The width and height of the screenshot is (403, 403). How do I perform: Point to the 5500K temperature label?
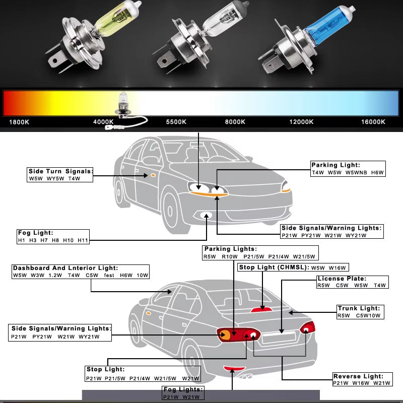[x=176, y=122]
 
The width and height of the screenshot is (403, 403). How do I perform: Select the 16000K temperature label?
[x=373, y=122]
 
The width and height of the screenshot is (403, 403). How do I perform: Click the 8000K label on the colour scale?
[x=235, y=122]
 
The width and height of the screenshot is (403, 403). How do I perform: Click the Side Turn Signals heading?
[x=60, y=171]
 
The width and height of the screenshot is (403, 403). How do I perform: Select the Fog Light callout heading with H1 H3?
[x=35, y=233]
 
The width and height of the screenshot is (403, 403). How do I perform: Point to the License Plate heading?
[x=342, y=279]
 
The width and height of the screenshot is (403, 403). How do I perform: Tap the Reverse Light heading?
[x=358, y=376]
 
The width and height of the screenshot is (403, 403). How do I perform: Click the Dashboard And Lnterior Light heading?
[x=65, y=268]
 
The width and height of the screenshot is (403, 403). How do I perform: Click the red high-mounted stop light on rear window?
[x=261, y=309]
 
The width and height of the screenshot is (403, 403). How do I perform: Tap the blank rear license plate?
[x=280, y=339]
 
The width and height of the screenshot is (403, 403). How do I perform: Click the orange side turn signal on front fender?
[x=152, y=175]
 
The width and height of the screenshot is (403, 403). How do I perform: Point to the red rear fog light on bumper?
[x=233, y=369]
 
